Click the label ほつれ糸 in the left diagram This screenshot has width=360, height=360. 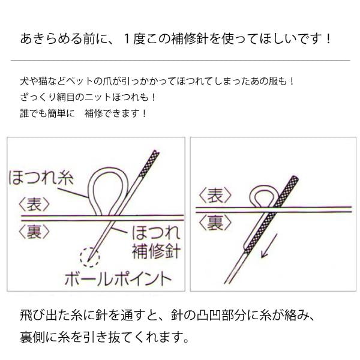click(41, 178)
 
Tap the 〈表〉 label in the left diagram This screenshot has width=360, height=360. click(34, 204)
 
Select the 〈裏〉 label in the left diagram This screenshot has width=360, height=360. click(34, 231)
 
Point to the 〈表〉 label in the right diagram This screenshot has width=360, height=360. click(215, 195)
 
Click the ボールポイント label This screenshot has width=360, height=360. click(118, 279)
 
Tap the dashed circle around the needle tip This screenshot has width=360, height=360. click(90, 257)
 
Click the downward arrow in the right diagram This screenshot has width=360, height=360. click(269, 245)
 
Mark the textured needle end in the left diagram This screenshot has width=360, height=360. click(149, 164)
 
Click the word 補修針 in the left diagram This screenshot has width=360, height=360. click(156, 251)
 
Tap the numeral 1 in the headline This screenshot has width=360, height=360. click(127, 39)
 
